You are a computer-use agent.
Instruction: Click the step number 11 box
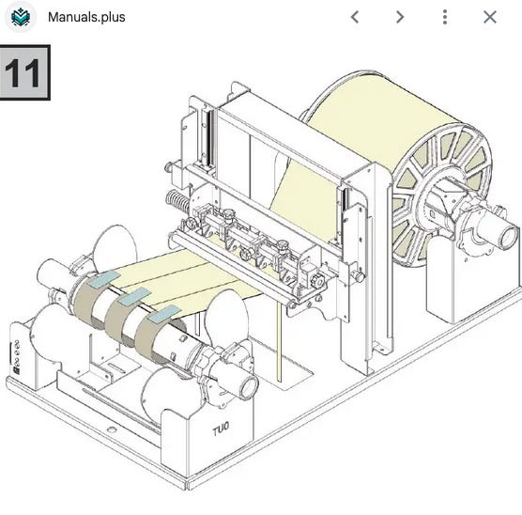pyautogui.click(x=24, y=72)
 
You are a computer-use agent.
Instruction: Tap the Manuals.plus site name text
pyautogui.click(x=86, y=17)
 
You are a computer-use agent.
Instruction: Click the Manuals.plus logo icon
pyautogui.click(x=21, y=17)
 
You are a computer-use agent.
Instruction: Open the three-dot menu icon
pyautogui.click(x=445, y=17)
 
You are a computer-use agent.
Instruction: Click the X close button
pyautogui.click(x=490, y=17)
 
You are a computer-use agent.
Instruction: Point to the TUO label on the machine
pyautogui.click(x=221, y=429)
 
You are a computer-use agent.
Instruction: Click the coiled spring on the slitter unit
pyautogui.click(x=177, y=201)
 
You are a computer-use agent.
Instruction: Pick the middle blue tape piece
pyautogui.click(x=135, y=297)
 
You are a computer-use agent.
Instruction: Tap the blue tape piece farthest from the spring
pyautogui.click(x=164, y=314)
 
